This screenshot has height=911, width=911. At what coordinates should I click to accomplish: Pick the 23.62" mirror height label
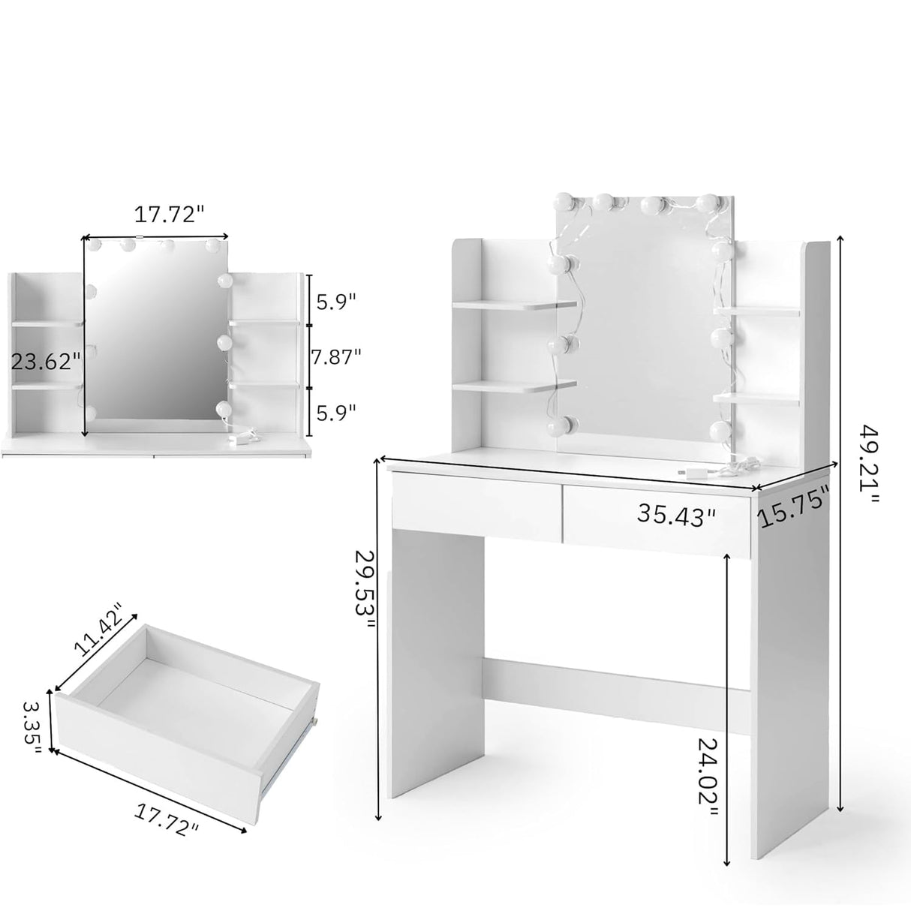[46, 362]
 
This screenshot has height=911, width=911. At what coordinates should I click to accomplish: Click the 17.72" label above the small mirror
[169, 214]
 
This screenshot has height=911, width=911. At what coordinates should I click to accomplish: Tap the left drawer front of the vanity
[476, 506]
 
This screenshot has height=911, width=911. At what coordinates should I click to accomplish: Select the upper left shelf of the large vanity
[516, 305]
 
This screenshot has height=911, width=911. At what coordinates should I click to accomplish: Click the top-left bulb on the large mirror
[564, 202]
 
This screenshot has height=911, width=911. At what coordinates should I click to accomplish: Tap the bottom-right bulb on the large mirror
[720, 430]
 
